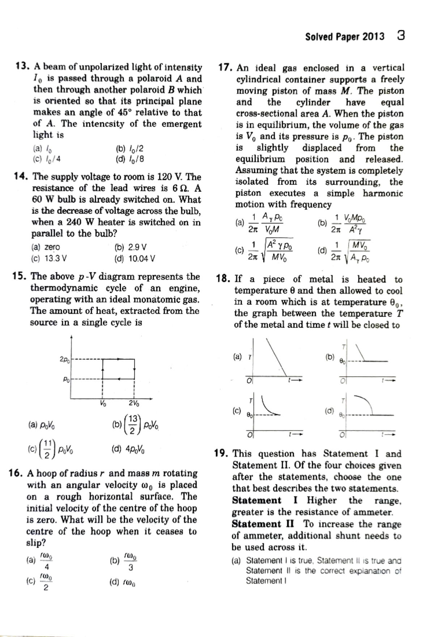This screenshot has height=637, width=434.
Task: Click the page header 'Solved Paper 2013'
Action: [344, 37]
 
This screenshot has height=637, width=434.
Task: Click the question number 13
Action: [22, 66]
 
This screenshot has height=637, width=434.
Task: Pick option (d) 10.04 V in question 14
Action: [134, 259]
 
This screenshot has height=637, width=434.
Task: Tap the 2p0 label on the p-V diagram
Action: [65, 359]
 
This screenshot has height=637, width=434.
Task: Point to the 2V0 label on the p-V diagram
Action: [133, 404]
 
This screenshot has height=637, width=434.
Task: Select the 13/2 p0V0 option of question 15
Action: [136, 425]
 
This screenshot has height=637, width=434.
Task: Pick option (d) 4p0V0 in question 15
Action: [129, 450]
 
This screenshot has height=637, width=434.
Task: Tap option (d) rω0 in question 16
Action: [123, 582]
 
